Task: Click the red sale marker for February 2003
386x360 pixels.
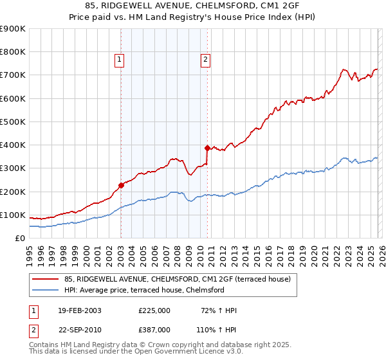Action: coord(121,185)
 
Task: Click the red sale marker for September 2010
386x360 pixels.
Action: coord(207,148)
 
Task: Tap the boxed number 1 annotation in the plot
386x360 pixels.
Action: coord(120,60)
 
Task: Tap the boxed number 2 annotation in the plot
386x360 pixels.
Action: coord(205,60)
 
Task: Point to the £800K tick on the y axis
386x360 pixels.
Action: coord(14,52)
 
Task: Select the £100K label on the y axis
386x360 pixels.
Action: coord(14,215)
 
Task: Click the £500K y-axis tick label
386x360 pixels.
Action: coord(14,122)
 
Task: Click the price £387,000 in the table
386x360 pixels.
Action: coord(154,329)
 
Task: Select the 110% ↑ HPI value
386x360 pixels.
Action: coord(217,329)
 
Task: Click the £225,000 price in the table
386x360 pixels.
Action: coord(154,310)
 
